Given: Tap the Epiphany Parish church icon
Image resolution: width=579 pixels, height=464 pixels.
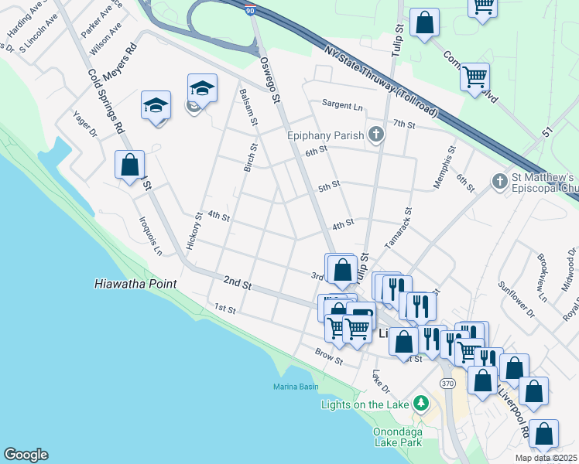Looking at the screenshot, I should pos(376,135).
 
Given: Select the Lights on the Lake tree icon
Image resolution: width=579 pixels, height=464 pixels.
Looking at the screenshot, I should pos(420,404).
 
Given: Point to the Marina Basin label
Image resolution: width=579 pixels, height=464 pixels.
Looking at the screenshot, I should pos(296,387).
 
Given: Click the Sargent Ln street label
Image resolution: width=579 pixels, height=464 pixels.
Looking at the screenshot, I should pos(343,106).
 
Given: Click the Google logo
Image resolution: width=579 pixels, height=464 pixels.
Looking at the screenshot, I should pos(26,455).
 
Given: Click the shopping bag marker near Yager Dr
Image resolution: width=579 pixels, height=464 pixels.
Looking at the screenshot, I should pos(129,165).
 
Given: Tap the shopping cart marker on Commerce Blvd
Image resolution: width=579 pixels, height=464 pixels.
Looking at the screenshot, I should pos(474,77).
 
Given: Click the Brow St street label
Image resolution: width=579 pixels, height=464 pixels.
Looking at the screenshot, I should pos(329,353).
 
